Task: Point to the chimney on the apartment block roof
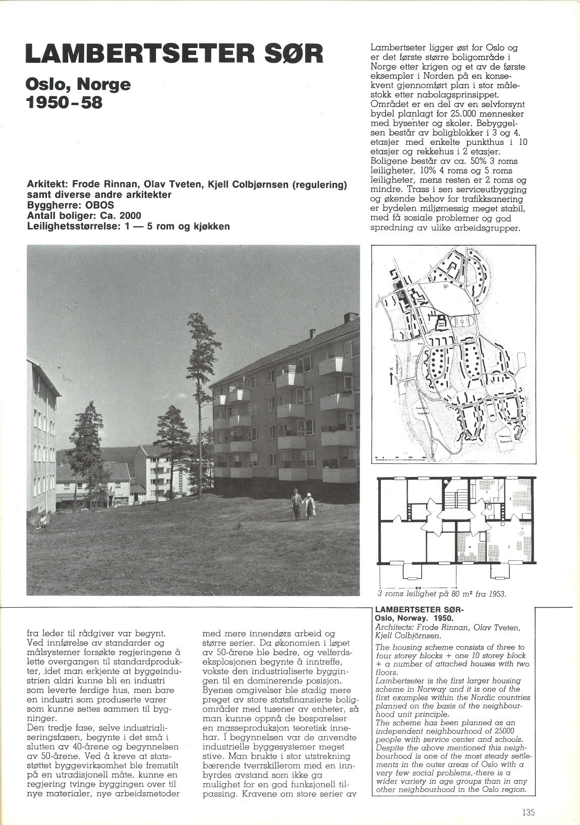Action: pos(349,318)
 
